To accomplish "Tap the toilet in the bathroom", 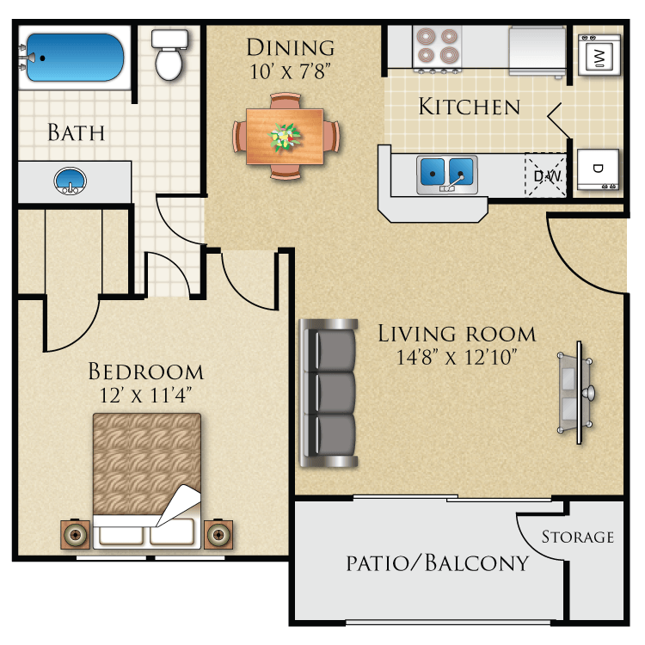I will pos(168,56).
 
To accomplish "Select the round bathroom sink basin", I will pos(70,181).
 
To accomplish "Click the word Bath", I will pos(76,133).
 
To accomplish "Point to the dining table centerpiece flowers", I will pos(285,136).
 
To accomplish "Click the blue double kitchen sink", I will pos(446,175).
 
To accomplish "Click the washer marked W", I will pos(600,57).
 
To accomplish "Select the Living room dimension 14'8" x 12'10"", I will pos(457,356).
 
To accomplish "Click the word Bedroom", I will pos(146,372).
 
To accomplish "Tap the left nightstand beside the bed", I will pos(76,534).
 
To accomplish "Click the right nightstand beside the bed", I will pos(219,534).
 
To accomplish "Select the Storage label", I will pos(577,537).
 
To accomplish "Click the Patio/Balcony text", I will pos(437,563).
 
